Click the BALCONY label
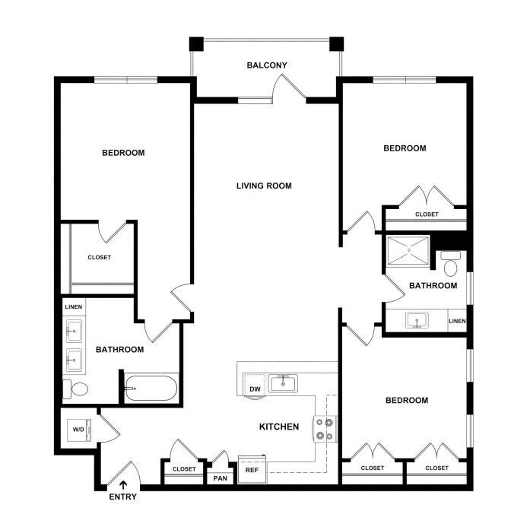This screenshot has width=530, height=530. (267, 65)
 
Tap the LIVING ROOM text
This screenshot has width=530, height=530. (264, 186)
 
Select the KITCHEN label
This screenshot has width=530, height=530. (279, 427)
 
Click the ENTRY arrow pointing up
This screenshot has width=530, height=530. (123, 485)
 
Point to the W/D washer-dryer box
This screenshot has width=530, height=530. (79, 430)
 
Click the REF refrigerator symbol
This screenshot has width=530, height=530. (252, 469)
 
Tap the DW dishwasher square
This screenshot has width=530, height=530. (255, 385)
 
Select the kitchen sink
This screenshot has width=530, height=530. (283, 383)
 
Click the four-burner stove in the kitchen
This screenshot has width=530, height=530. (325, 429)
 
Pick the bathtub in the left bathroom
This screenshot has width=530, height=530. (151, 388)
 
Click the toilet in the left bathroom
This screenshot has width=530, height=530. (76, 389)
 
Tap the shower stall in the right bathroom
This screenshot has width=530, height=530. (408, 250)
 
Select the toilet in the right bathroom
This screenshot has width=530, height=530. (450, 264)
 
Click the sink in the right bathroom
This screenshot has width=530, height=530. (417, 320)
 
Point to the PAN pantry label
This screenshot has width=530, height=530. (221, 478)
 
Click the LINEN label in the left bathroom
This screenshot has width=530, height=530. (74, 307)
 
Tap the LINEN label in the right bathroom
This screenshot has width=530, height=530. (457, 321)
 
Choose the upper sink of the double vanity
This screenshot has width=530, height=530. (74, 332)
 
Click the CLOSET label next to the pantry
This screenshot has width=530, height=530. (184, 469)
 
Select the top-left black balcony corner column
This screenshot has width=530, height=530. (196, 44)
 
